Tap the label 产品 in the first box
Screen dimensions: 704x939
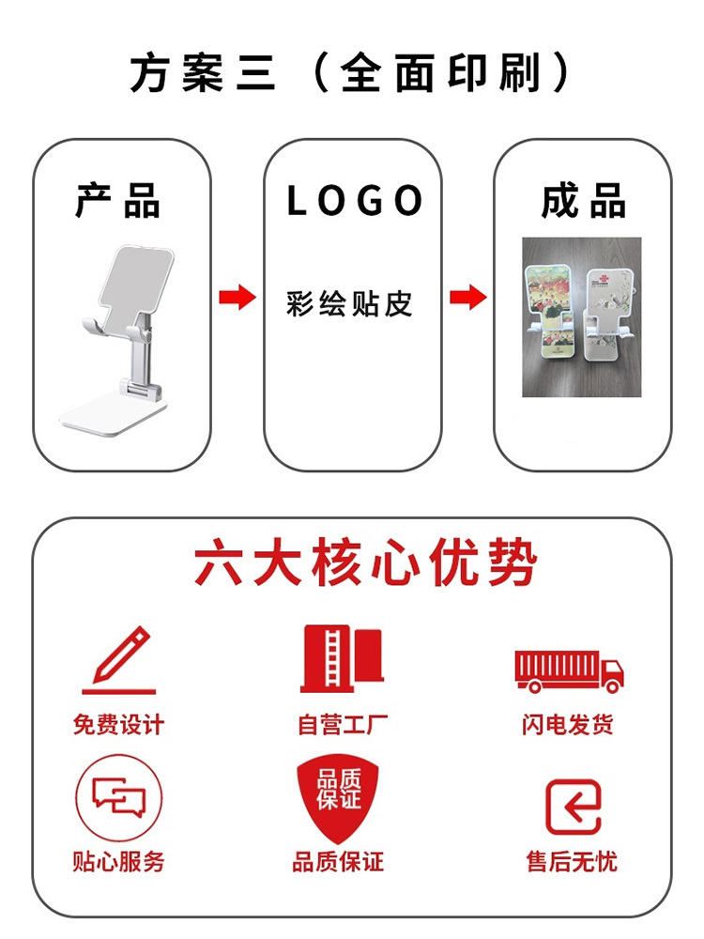click(119, 202)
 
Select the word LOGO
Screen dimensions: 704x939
click(354, 201)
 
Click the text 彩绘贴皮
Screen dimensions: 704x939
click(349, 303)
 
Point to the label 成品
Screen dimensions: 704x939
click(583, 202)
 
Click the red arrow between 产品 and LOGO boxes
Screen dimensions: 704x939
click(237, 299)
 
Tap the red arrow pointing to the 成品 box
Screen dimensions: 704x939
click(467, 299)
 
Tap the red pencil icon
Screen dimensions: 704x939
click(120, 660)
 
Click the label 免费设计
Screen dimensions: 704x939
click(118, 724)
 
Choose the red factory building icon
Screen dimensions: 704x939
click(342, 659)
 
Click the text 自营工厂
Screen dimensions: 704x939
click(342, 724)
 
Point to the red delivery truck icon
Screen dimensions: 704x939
click(570, 669)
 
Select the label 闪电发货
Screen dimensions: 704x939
click(568, 724)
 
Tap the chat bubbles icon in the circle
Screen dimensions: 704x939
click(119, 799)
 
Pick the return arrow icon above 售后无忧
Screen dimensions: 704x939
click(573, 807)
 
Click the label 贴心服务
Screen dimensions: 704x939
click(118, 861)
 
